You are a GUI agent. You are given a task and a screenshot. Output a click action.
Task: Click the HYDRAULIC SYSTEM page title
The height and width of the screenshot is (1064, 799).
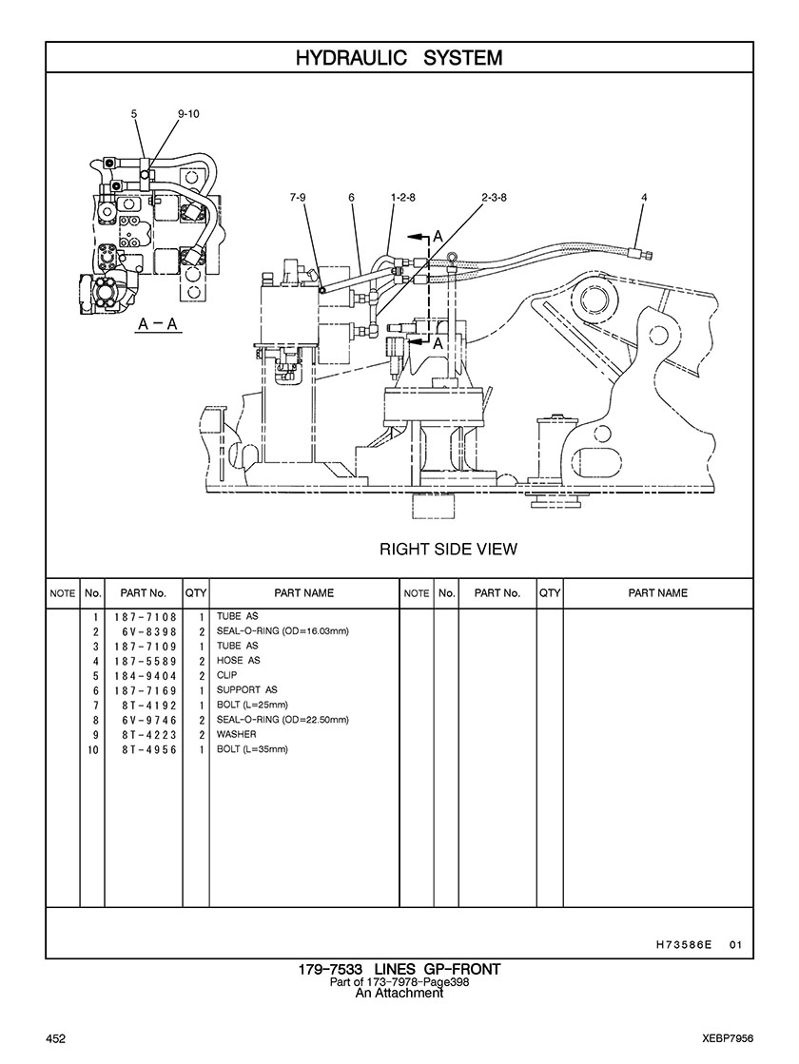399,58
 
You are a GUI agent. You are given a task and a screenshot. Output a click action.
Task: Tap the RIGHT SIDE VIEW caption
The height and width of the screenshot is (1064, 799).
448,549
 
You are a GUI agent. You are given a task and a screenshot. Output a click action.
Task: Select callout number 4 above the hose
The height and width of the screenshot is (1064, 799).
644,198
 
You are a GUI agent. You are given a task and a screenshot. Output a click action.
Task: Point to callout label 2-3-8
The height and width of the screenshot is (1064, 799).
495,198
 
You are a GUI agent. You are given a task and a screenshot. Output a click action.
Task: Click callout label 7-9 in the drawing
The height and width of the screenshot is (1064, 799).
298,198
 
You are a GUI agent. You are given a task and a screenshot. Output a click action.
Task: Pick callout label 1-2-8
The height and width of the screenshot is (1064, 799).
402,198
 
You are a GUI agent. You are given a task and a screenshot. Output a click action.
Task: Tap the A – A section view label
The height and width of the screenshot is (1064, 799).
157,323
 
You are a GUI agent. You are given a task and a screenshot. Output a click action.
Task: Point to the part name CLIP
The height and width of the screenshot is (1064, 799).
226,675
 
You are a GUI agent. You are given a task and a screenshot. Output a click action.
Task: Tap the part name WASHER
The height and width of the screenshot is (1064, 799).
236,734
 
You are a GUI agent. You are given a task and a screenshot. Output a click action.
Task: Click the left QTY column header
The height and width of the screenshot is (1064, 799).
196,593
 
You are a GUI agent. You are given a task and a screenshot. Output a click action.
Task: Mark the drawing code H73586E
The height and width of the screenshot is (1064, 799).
684,944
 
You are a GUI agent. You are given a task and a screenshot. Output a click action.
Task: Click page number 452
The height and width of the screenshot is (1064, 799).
55,1038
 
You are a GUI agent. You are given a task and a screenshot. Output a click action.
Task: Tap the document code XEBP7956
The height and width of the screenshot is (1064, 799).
728,1038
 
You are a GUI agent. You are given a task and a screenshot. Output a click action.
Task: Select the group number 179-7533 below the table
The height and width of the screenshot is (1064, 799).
330,969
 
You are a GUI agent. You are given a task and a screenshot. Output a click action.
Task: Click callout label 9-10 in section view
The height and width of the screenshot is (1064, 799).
188,114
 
